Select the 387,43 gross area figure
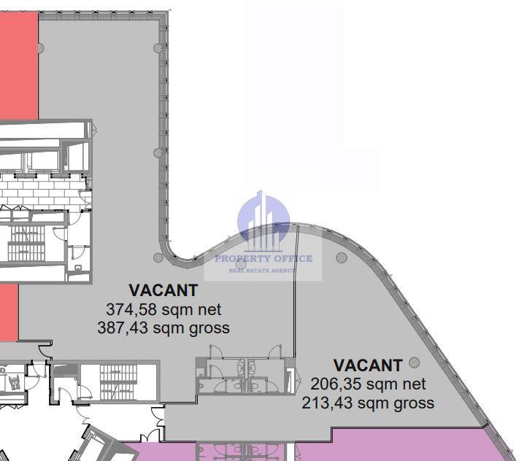click(123, 328)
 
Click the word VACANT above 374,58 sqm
click(164, 291)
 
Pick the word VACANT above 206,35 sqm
click(368, 365)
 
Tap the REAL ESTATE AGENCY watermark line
click(261, 271)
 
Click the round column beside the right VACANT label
click(415, 363)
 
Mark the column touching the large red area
click(40, 48)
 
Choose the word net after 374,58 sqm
click(209, 310)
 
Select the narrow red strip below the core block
click(9, 312)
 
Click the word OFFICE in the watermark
click(293, 258)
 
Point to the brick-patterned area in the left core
click(44, 190)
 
